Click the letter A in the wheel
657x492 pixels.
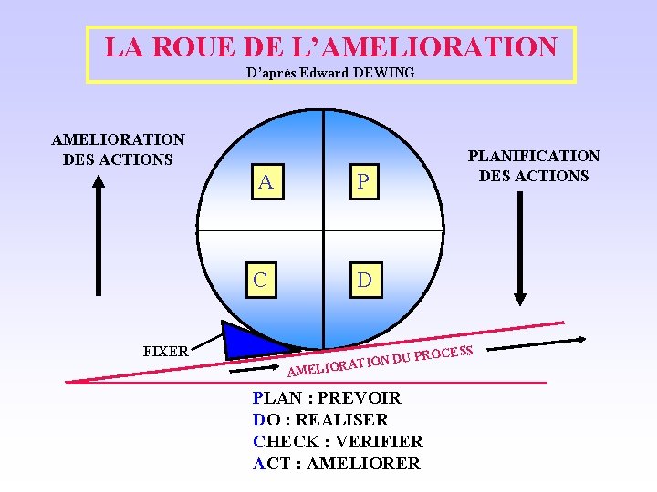265,182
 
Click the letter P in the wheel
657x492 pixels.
363,183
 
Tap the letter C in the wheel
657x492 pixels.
261,280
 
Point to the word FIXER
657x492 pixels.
166,351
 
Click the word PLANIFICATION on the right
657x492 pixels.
534,157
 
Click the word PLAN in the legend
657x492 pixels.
275,398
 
